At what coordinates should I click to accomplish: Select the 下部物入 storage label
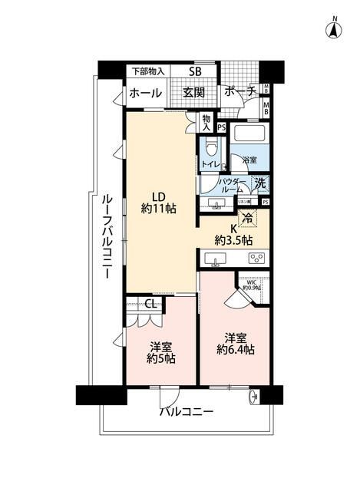point(147,72)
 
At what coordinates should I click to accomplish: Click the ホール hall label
point(145,93)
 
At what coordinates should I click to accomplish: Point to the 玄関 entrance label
point(193,93)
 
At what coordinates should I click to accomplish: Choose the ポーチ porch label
point(240,93)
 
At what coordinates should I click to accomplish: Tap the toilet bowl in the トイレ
point(212,146)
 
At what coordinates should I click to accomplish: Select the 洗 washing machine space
point(260,185)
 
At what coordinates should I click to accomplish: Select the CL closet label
point(151,303)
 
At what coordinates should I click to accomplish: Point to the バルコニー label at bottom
point(187,412)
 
